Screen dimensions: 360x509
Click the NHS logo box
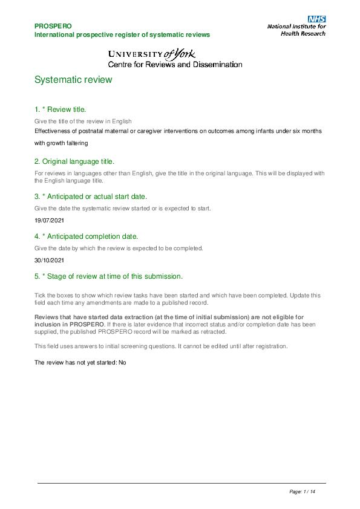(x=317, y=19)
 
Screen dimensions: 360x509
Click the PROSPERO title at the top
(x=53, y=26)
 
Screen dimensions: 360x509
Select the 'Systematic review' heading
(x=73, y=80)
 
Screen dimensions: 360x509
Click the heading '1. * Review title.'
(x=61, y=109)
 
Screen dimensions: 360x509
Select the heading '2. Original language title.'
(x=74, y=161)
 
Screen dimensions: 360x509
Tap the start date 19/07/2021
(x=49, y=220)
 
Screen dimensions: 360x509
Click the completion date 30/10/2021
(x=49, y=260)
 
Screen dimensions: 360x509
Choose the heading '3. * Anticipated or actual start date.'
(x=91, y=196)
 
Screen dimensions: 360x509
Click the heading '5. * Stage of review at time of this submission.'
(x=109, y=276)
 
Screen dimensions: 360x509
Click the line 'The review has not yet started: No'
(x=80, y=362)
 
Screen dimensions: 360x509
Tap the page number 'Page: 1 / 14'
(x=303, y=492)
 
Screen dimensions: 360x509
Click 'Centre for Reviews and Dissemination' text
(x=175, y=65)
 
